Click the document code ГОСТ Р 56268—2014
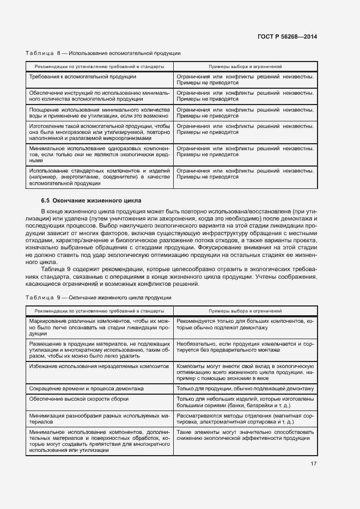click(x=287, y=36)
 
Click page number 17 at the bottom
click(x=314, y=464)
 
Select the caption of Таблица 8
click(x=103, y=53)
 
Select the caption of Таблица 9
click(x=99, y=298)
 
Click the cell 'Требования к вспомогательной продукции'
click(x=83, y=77)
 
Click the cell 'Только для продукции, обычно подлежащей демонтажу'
click(x=245, y=389)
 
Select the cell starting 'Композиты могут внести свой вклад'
click(x=245, y=371)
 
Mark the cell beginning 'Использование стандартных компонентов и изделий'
click(x=100, y=177)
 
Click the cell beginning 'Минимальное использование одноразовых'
click(x=100, y=155)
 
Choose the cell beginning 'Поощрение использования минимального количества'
click(x=100, y=113)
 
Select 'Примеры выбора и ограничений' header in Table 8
click(x=245, y=66)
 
